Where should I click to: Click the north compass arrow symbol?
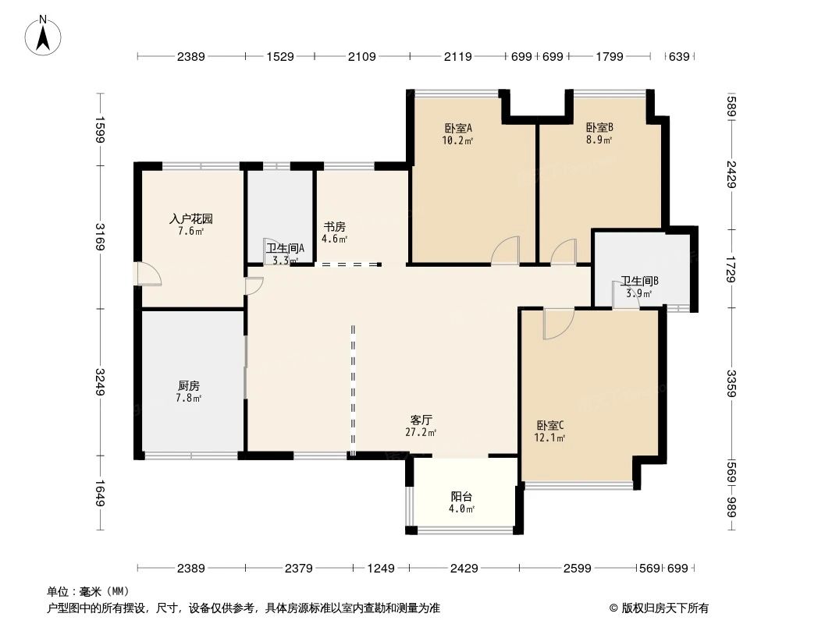[x=44, y=34]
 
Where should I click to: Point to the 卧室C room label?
[x=550, y=425]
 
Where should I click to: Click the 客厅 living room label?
[x=421, y=420]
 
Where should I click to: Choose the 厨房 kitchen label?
[x=189, y=386]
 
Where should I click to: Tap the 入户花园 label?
[x=191, y=219]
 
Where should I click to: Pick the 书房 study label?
[x=335, y=227]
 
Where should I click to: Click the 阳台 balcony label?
[x=462, y=496]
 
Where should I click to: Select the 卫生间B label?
[x=640, y=281]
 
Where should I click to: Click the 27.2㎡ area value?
[x=421, y=432]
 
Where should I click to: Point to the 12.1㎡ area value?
[x=550, y=438]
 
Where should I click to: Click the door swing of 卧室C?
[x=557, y=323]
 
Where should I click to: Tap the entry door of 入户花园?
[x=148, y=274]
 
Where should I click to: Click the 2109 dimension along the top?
[x=361, y=56]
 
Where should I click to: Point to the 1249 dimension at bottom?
[x=382, y=569]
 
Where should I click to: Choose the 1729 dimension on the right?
[x=731, y=268]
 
